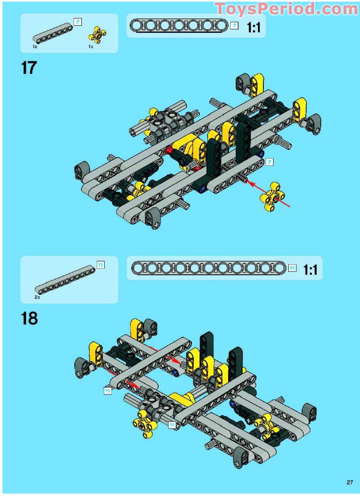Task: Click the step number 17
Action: (29, 68)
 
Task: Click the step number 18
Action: (30, 318)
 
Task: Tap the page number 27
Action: (350, 481)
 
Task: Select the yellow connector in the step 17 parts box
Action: (97, 35)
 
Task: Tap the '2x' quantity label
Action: (37, 297)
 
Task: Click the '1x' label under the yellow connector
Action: (91, 47)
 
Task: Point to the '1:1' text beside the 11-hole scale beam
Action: (310, 270)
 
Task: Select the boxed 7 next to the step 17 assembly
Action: (269, 162)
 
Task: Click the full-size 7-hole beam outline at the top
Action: (179, 26)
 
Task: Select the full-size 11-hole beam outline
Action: (208, 268)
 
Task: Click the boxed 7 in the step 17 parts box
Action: (77, 22)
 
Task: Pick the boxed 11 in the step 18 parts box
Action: (101, 265)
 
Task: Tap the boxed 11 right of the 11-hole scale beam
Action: (293, 268)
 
